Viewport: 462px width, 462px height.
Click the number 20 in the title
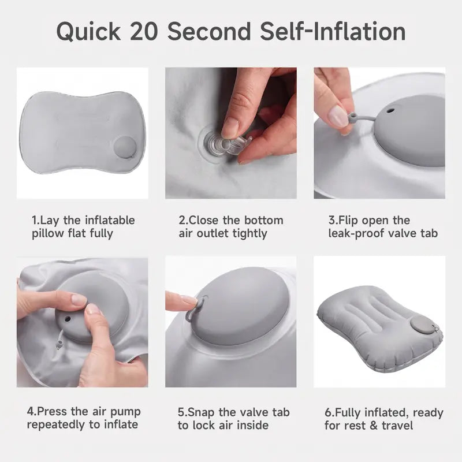(143, 31)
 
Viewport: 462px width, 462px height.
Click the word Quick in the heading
(88, 32)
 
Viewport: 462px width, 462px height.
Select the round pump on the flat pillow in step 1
(125, 147)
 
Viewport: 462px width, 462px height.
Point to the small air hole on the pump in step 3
(390, 111)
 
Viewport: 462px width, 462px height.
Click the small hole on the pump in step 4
(68, 319)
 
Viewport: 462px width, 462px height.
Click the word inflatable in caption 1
(110, 220)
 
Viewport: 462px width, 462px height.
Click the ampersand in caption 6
(373, 426)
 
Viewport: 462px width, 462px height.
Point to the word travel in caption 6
(397, 426)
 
